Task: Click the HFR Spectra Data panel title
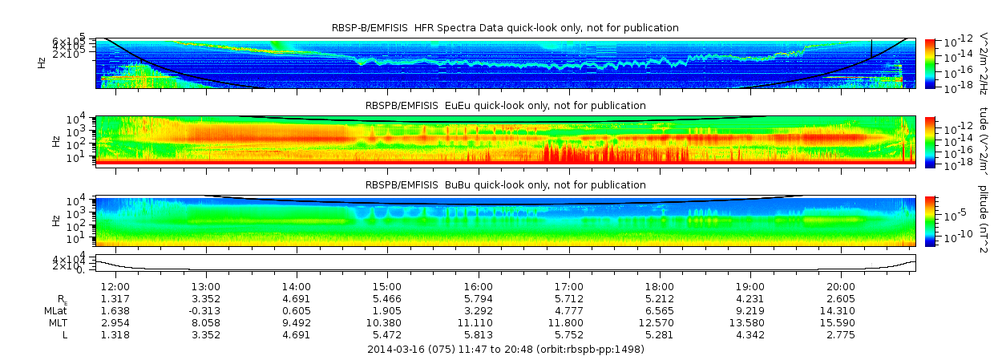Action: [505, 28]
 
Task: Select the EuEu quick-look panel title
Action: [505, 105]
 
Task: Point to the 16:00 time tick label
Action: [478, 286]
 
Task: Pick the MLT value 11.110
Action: [478, 322]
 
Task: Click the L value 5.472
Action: [387, 334]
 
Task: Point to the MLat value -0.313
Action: [204, 310]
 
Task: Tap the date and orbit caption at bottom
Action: [505, 349]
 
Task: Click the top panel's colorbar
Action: [930, 63]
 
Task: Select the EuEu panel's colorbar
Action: [930, 141]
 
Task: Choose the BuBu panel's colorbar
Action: [930, 220]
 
